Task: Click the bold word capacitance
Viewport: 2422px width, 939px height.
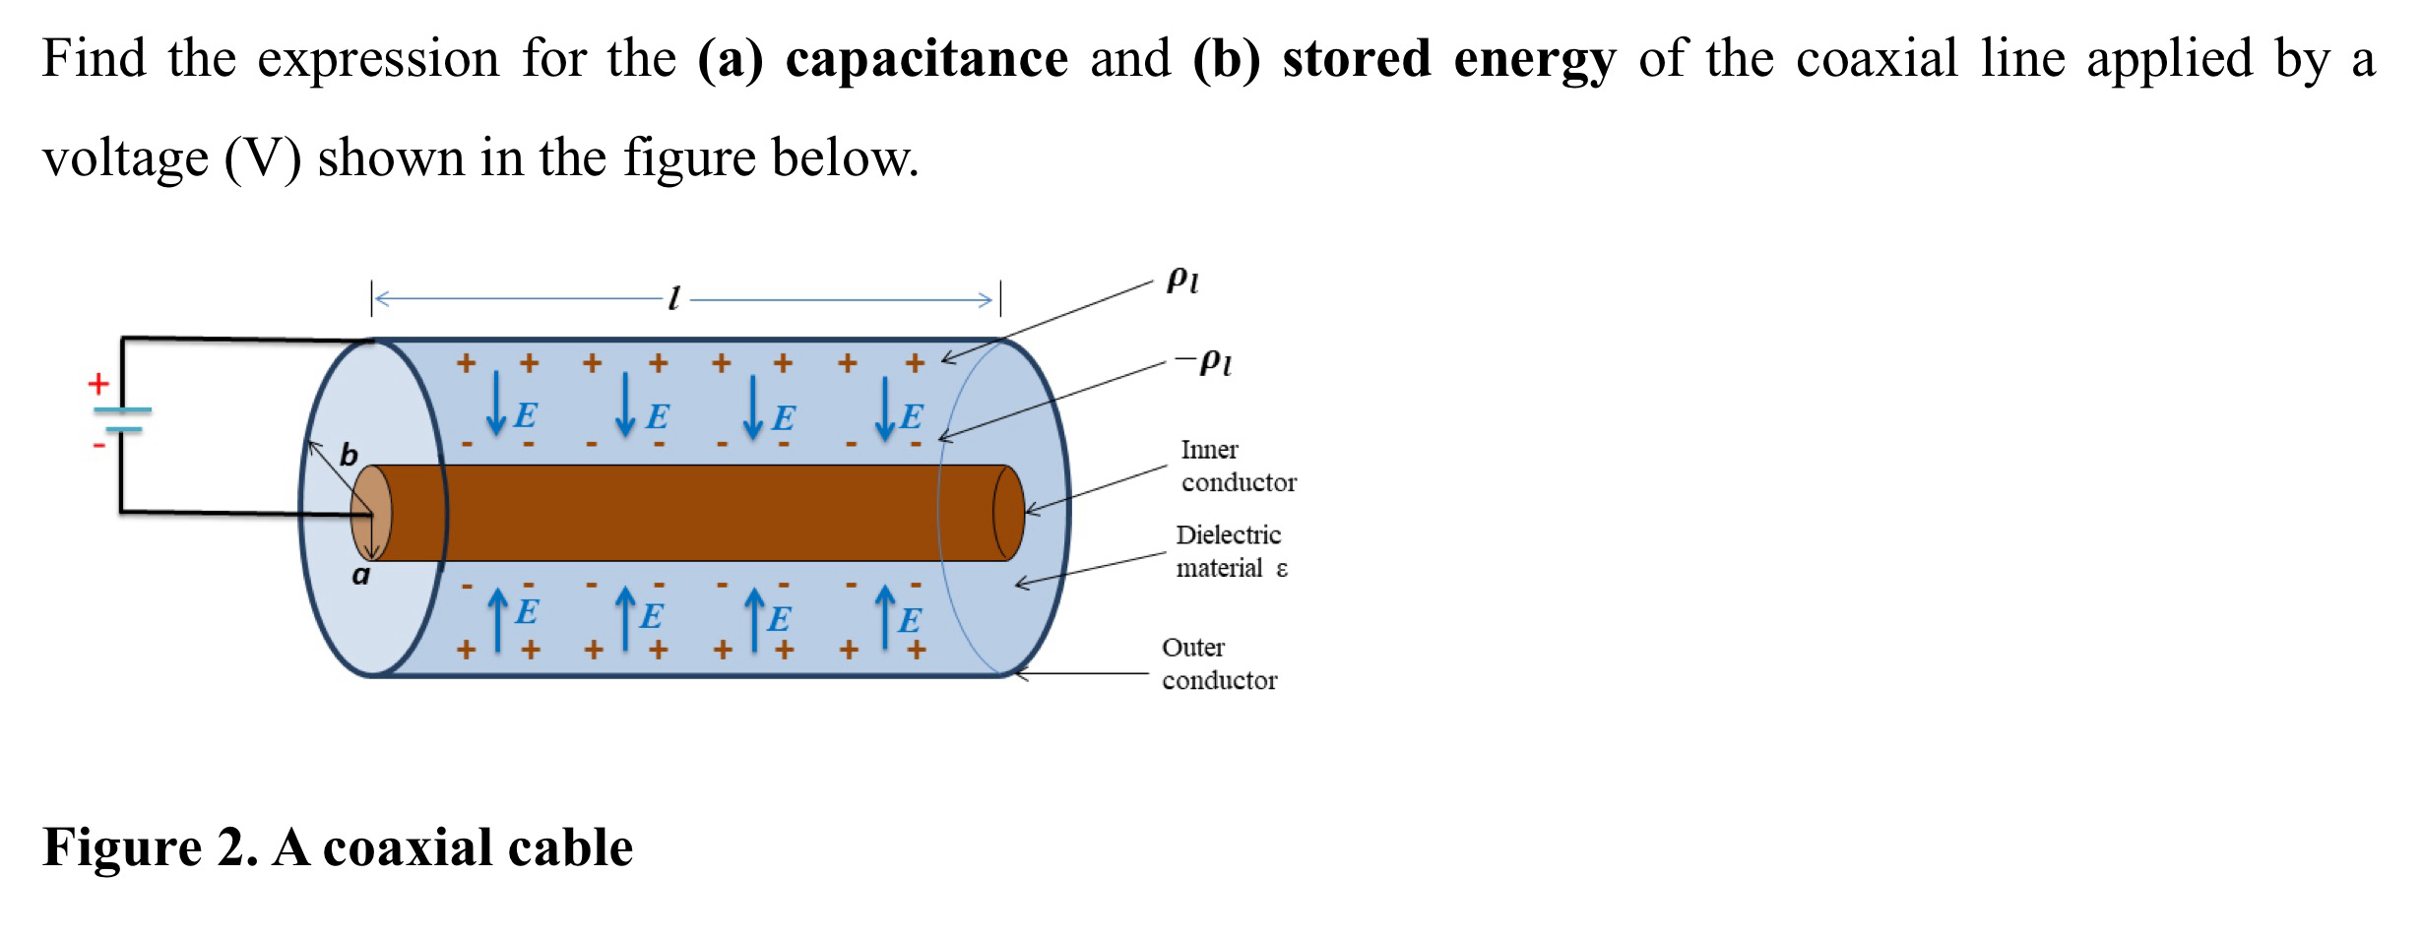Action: pyautogui.click(x=925, y=59)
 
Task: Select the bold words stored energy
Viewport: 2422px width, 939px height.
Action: pyautogui.click(x=1448, y=59)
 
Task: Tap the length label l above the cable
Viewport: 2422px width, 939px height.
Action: pyautogui.click(x=674, y=297)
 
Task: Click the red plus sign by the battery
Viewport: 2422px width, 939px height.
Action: pyautogui.click(x=98, y=384)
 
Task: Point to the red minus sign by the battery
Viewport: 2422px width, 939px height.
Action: pyautogui.click(x=98, y=446)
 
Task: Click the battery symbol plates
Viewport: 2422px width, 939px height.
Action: pyautogui.click(x=123, y=419)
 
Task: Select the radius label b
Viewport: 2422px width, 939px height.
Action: pyautogui.click(x=349, y=455)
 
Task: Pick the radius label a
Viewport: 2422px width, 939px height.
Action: pyautogui.click(x=361, y=575)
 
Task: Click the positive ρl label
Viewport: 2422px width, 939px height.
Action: pyautogui.click(x=1182, y=280)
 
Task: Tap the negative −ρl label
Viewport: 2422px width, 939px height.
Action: pyautogui.click(x=1203, y=361)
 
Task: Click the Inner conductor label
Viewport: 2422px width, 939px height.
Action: pyautogui.click(x=1238, y=466)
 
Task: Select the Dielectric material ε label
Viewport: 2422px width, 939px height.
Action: pyautogui.click(x=1231, y=551)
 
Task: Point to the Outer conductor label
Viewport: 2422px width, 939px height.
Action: pyautogui.click(x=1218, y=663)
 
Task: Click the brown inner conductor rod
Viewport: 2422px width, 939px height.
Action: pyautogui.click(x=689, y=513)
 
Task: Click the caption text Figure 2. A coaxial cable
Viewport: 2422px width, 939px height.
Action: pyautogui.click(x=338, y=847)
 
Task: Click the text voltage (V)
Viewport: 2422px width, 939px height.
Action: pyautogui.click(x=171, y=157)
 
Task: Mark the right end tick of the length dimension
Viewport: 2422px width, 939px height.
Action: pyautogui.click(x=1000, y=298)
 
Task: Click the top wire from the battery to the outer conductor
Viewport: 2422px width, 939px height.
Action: pyautogui.click(x=246, y=340)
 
